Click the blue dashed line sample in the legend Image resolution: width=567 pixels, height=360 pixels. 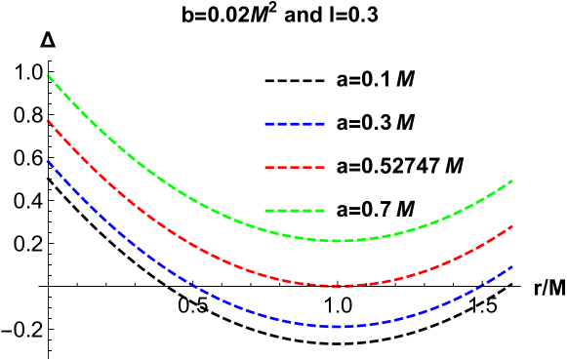point(295,124)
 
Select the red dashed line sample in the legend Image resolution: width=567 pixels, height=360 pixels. point(295,167)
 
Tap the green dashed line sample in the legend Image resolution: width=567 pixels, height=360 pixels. point(295,210)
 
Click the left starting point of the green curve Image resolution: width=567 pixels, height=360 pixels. point(47,75)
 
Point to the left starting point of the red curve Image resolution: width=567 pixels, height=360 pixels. point(47,120)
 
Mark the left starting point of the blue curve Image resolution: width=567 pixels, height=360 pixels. point(47,160)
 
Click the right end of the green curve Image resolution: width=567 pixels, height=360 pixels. point(512,180)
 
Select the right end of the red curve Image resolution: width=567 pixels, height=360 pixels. point(512,226)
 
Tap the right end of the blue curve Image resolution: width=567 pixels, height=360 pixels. point(512,266)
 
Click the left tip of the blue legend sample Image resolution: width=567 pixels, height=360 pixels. point(265,124)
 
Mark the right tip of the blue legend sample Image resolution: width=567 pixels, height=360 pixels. point(325,124)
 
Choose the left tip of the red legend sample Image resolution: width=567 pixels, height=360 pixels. point(265,167)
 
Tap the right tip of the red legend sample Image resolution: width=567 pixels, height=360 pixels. point(325,167)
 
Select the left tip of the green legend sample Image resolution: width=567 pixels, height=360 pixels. point(265,210)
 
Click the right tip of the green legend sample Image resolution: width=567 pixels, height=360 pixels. point(325,210)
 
